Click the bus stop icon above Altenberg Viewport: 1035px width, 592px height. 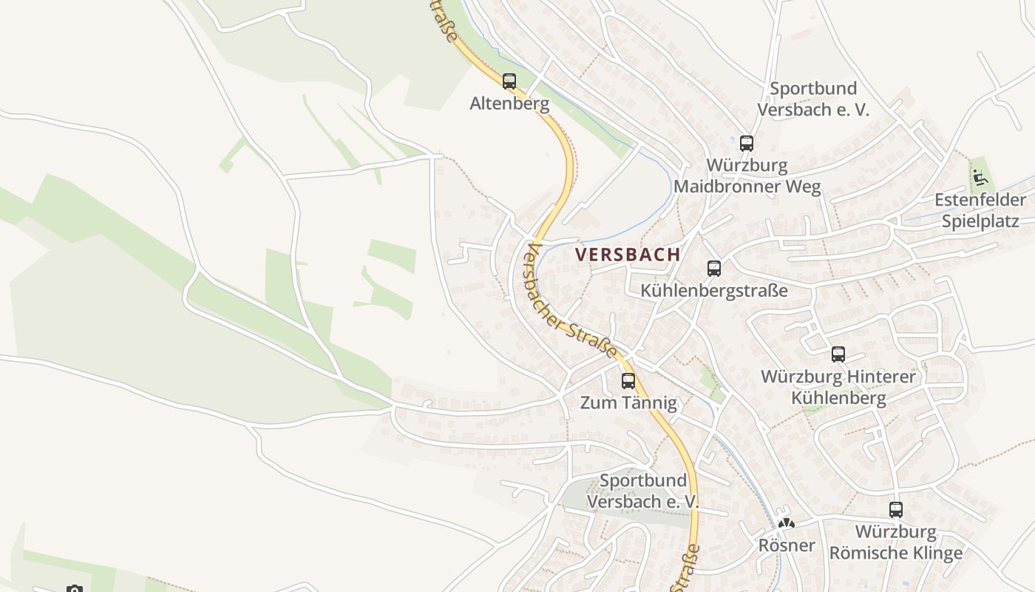[509, 81]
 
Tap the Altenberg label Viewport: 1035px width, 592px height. [509, 104]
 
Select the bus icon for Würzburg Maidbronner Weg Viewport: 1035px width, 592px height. [747, 144]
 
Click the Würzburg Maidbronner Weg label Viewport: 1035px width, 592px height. [747, 175]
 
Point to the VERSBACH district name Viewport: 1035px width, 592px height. [628, 255]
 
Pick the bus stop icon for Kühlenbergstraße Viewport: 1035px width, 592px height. [713, 269]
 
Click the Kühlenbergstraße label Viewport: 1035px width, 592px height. [714, 290]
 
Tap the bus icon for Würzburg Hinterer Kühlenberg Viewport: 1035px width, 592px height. [838, 354]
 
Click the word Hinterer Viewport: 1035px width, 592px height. [875, 377]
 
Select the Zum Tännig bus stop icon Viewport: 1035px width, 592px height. [628, 381]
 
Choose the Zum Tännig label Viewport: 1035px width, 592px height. [628, 403]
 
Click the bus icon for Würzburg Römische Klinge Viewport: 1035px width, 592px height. [896, 510]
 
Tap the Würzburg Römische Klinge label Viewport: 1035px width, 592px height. [896, 542]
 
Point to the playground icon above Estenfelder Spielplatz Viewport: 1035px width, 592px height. [980, 178]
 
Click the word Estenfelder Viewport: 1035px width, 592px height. [980, 200]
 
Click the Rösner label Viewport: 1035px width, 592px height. [787, 545]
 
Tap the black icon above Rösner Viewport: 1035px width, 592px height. [786, 523]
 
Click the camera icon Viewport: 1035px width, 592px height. [74, 589]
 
